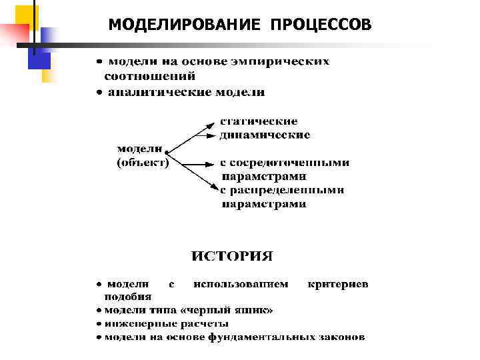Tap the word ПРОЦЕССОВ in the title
click(x=321, y=25)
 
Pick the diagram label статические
click(x=259, y=121)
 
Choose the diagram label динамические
click(x=265, y=135)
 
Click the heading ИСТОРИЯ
click(x=232, y=256)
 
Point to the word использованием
click(x=241, y=284)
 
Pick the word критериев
click(x=338, y=284)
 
